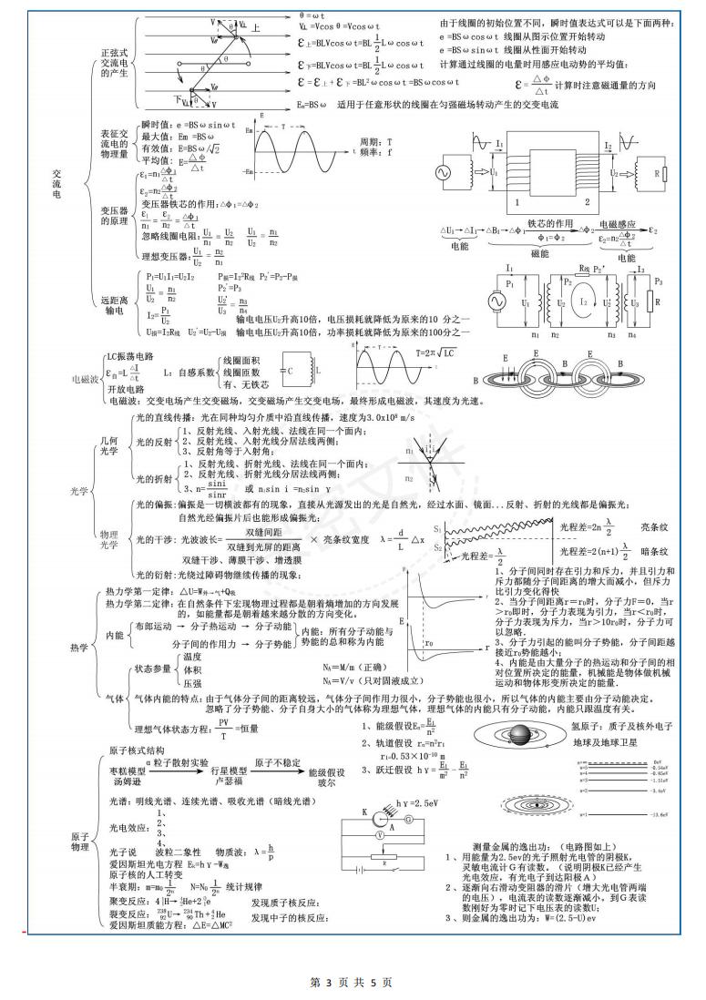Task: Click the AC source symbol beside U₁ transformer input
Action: pyautogui.click(x=448, y=171)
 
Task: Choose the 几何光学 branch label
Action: pyautogui.click(x=108, y=445)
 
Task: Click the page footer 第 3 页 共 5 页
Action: pyautogui.click(x=352, y=982)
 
